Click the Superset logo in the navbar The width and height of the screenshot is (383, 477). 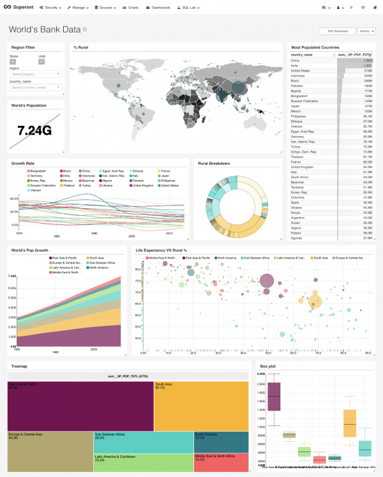tap(19, 7)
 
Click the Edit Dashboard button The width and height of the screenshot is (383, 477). tap(338, 31)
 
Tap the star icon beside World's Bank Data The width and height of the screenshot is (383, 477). tap(85, 30)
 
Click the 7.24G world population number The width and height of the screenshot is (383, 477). tap(34, 130)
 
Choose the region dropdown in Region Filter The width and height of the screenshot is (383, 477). tap(36, 73)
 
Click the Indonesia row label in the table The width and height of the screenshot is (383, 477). tap(301, 75)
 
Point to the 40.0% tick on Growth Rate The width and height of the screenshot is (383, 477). tap(13, 199)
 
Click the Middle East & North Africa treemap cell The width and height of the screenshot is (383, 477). tap(220, 462)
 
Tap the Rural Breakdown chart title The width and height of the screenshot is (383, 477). tap(214, 163)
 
